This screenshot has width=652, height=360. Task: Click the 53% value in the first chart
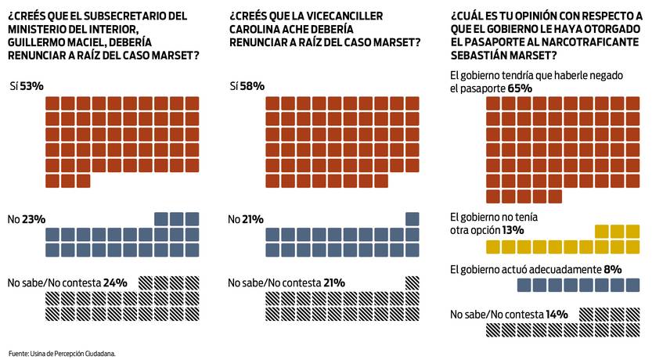(33, 85)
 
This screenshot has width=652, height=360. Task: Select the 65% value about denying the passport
(521, 88)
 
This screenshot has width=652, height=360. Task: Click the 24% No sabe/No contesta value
(116, 283)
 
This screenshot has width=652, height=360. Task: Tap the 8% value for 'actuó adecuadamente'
(614, 269)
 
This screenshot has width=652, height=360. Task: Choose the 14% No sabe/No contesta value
(557, 314)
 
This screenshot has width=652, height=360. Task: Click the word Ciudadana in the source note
(99, 354)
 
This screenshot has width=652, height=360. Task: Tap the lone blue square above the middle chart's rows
(412, 218)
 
